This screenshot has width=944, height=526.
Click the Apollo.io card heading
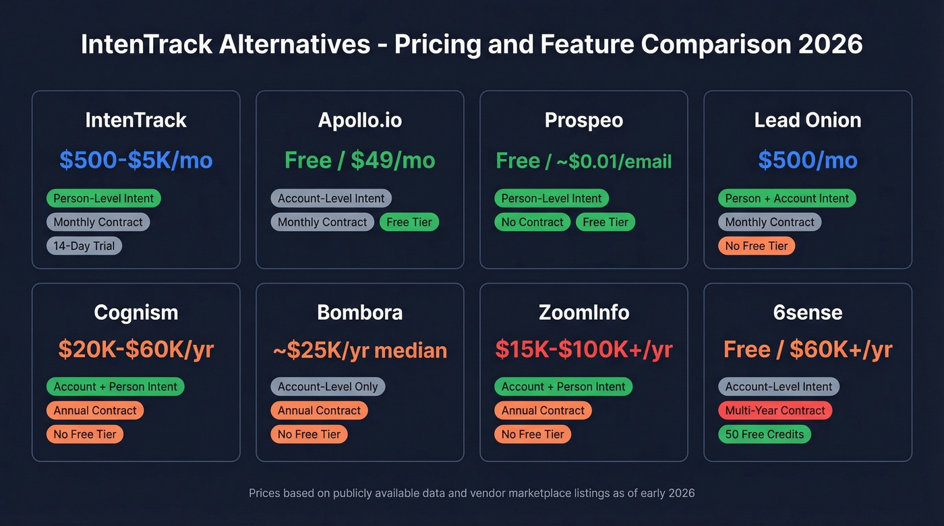pyautogui.click(x=359, y=121)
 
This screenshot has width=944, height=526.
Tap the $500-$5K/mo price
pyautogui.click(x=136, y=160)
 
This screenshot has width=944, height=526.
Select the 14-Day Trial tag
pyautogui.click(x=84, y=246)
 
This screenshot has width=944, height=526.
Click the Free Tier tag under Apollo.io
pyautogui.click(x=409, y=222)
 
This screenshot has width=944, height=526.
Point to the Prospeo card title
pyautogui.click(x=583, y=121)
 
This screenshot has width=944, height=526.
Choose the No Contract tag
pyautogui.click(x=532, y=222)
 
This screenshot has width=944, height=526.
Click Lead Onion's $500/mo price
pyautogui.click(x=807, y=160)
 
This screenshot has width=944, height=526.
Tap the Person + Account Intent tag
pyautogui.click(x=786, y=199)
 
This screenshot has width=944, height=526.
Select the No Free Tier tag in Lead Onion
pyautogui.click(x=757, y=246)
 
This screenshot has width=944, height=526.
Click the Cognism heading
pyautogui.click(x=136, y=313)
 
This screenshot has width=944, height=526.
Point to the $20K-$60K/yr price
pyautogui.click(x=136, y=350)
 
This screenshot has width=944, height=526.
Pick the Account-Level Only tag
pyautogui.click(x=328, y=387)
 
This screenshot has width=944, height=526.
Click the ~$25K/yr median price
pyautogui.click(x=359, y=350)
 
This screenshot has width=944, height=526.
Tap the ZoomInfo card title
pyautogui.click(x=583, y=313)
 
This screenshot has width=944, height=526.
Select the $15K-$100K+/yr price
pyautogui.click(x=583, y=350)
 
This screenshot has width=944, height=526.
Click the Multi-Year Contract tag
pyautogui.click(x=775, y=410)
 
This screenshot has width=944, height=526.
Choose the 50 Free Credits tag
pyautogui.click(x=764, y=434)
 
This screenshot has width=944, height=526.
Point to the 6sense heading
pyautogui.click(x=807, y=313)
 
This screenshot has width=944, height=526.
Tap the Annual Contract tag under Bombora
pyautogui.click(x=319, y=410)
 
